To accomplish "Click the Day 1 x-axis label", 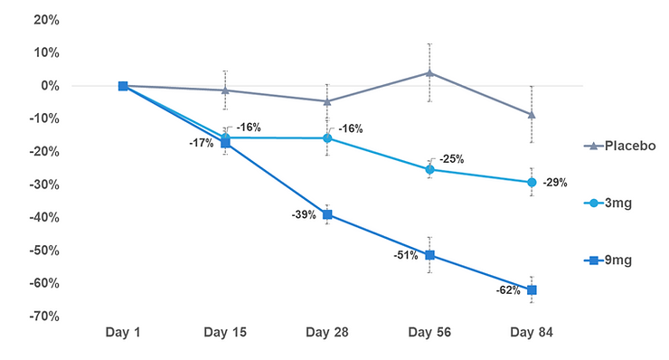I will pyautogui.click(x=123, y=333).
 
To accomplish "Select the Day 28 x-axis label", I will pyautogui.click(x=327, y=333).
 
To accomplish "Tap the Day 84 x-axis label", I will pyautogui.click(x=531, y=333).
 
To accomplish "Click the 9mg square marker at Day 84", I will pyautogui.click(x=532, y=289).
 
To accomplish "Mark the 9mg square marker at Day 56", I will pyautogui.click(x=429, y=255).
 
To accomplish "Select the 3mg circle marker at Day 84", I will pyautogui.click(x=532, y=182).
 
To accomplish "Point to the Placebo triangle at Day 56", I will pyautogui.click(x=429, y=72).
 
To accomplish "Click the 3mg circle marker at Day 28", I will pyautogui.click(x=327, y=138).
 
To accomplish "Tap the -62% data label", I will pyautogui.click(x=506, y=290).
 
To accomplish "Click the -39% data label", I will pyautogui.click(x=304, y=215).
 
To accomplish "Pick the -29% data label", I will pyautogui.click(x=555, y=183).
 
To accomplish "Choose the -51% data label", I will pyautogui.click(x=406, y=255).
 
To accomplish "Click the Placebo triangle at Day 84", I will pyautogui.click(x=532, y=115).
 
